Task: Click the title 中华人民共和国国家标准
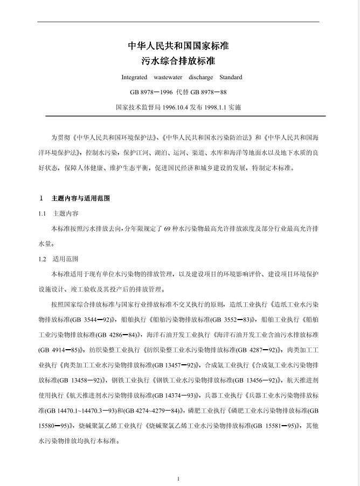pyautogui.click(x=178, y=46)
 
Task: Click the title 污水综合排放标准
pyautogui.click(x=178, y=61)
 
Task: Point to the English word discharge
pyautogui.click(x=201, y=77)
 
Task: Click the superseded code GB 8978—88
pyautogui.click(x=209, y=92)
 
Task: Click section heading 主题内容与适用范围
pyautogui.click(x=80, y=198)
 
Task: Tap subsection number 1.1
pyautogui.click(x=43, y=213)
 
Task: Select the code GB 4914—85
pyautogui.click(x=58, y=349)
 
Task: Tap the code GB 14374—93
pyautogui.click(x=174, y=394)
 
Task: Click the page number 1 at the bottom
pyautogui.click(x=178, y=478)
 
